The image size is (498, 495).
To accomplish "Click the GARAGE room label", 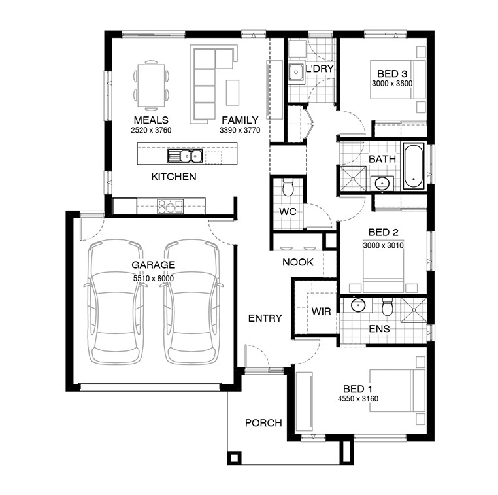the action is coord(153,265).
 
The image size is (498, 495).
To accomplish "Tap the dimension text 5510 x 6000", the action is coord(154,279).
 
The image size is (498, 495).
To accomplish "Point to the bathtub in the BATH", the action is coord(413,166).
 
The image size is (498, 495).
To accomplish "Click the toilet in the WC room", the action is coord(288,187).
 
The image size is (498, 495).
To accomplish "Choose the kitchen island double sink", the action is coord(186,156).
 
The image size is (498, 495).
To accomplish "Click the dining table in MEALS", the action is coord(151,86).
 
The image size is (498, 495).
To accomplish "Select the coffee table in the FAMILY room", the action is coord(233,92).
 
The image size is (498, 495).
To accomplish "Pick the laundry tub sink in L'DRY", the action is coord(296,72).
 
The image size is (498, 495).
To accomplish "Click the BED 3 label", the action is coord(392,74).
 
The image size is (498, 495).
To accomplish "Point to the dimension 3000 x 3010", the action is coord(383,245).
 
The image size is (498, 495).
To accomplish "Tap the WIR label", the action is coord(322,311).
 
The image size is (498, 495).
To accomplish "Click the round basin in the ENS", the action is coord(358,305).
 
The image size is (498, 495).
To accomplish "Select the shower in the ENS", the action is coord(414,310).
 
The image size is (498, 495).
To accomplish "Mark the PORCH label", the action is coord(263,423).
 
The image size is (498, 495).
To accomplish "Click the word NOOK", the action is coord(298,262).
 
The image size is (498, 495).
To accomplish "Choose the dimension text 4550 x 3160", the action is coord(358,398).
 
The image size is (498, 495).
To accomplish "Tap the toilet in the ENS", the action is coord(387,306).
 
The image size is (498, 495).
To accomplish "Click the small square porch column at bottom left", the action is coord(234,458).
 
